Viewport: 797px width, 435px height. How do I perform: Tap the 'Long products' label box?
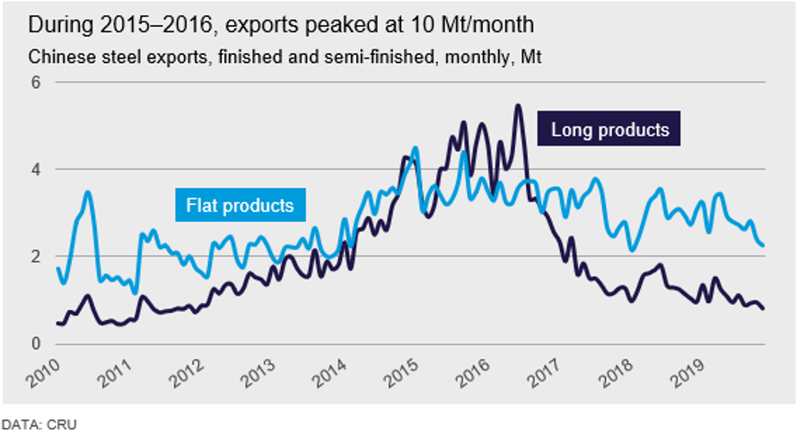point(609,130)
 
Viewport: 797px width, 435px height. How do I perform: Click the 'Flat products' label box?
point(240,206)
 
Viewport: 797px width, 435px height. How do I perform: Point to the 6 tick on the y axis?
point(36,82)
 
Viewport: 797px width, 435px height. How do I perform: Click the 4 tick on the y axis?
point(36,169)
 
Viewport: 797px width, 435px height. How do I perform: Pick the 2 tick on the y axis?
point(36,256)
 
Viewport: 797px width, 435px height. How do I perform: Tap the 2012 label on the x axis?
point(188,374)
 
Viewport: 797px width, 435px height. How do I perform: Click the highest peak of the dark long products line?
point(518,106)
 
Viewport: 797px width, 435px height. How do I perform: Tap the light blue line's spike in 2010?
point(87,191)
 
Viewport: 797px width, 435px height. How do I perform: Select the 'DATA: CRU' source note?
point(32,421)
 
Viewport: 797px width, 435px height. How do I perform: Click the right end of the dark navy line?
point(764,308)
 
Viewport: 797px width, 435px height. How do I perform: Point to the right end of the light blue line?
point(764,244)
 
